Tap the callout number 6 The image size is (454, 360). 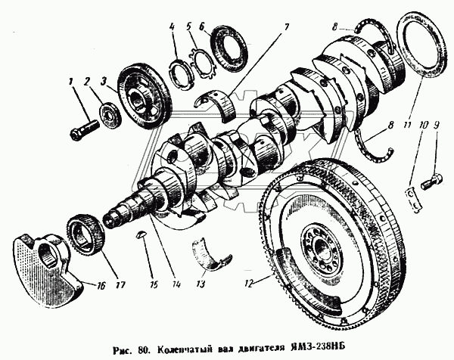click(x=202, y=28)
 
